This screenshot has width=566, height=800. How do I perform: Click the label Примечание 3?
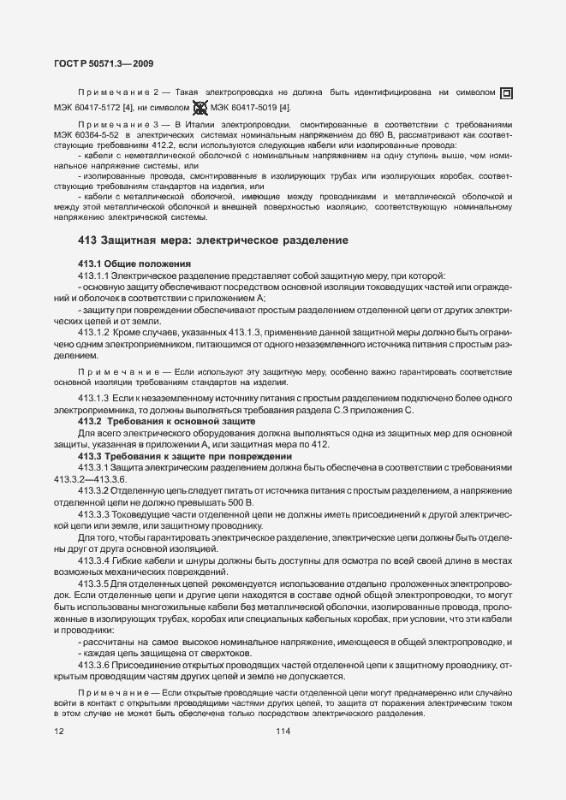pyautogui.click(x=114, y=125)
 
